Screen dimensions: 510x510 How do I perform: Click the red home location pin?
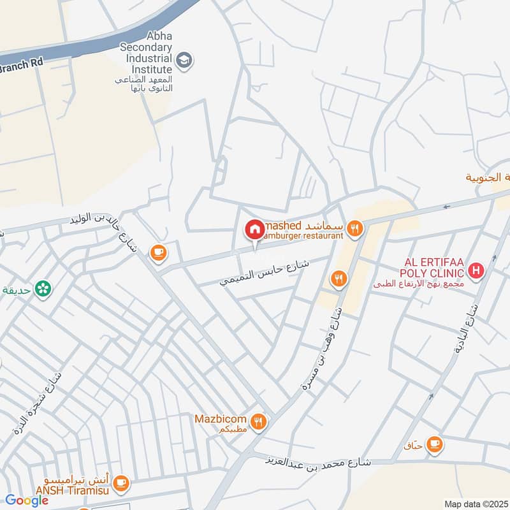click(x=254, y=229)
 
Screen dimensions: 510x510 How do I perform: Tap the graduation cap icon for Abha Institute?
click(x=184, y=61)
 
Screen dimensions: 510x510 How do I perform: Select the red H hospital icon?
click(x=475, y=272)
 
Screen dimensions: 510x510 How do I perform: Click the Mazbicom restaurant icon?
click(x=258, y=421)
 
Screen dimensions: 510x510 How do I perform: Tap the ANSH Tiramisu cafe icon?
click(x=122, y=483)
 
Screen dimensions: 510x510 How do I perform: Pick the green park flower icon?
click(x=43, y=289)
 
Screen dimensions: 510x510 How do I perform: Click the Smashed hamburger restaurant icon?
click(x=354, y=227)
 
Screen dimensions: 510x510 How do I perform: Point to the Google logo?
click(x=27, y=500)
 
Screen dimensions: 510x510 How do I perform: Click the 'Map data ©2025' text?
click(x=475, y=504)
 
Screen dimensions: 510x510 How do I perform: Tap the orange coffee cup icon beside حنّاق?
click(x=435, y=443)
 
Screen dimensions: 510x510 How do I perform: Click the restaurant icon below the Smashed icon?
click(x=338, y=279)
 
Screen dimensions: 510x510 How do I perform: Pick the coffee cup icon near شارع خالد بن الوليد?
click(x=157, y=253)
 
